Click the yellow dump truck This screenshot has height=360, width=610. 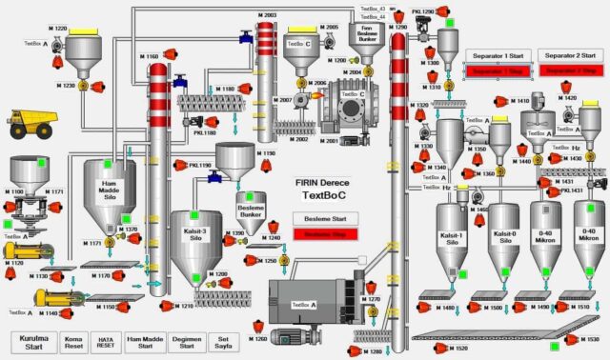point(30,123)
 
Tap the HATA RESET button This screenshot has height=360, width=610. point(105,342)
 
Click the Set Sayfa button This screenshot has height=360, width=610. point(224,342)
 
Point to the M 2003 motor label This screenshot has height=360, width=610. point(266,15)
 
